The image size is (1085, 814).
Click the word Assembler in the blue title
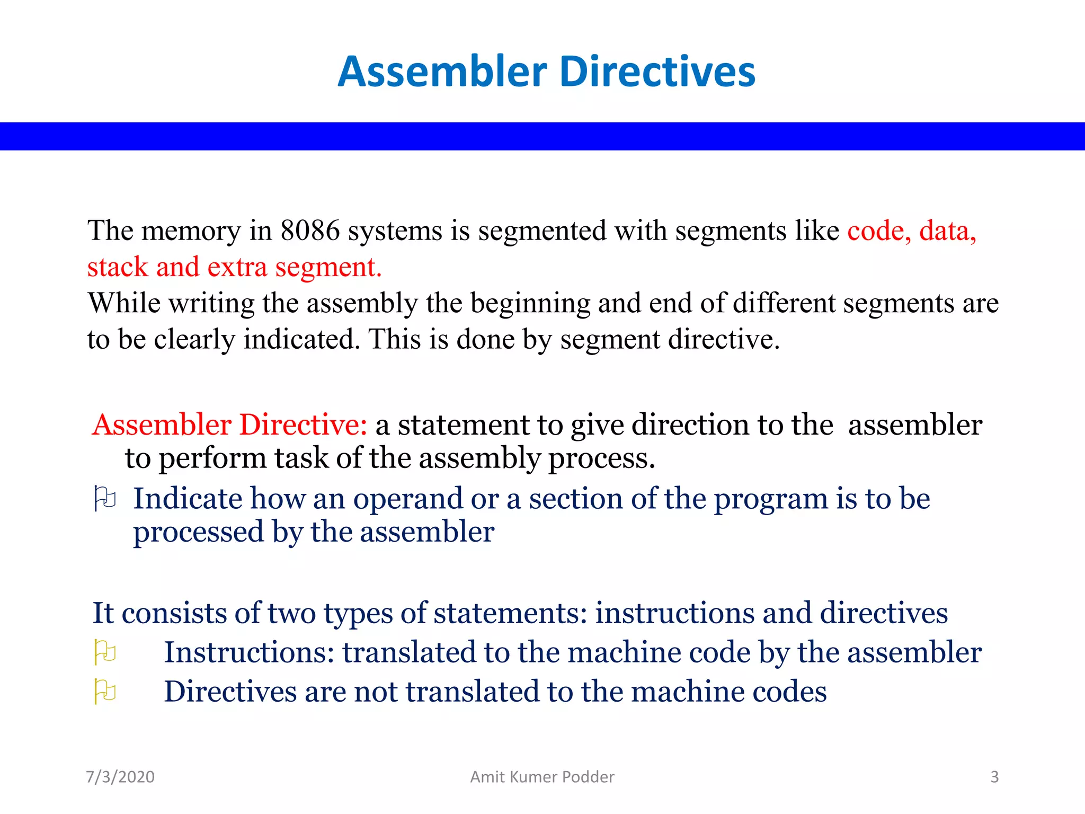point(442,72)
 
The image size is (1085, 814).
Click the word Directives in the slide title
point(657,72)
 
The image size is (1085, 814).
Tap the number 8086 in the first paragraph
point(310,231)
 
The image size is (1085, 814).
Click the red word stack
point(118,267)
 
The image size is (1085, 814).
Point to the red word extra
point(237,267)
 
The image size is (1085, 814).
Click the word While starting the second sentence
point(124,303)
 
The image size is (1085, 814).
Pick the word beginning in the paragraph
point(530,304)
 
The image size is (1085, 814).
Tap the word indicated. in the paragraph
point(301,339)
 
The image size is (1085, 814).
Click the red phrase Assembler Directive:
point(229,425)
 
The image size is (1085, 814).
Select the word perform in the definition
point(212,459)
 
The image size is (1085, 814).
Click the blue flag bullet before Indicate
point(104,499)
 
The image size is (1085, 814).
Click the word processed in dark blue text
point(198,533)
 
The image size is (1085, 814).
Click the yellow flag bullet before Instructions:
point(104,652)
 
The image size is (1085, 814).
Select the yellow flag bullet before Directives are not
point(104,692)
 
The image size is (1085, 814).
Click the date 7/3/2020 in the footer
point(120,777)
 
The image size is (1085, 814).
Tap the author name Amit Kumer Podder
point(542,777)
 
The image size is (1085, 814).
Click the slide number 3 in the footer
point(994,777)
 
